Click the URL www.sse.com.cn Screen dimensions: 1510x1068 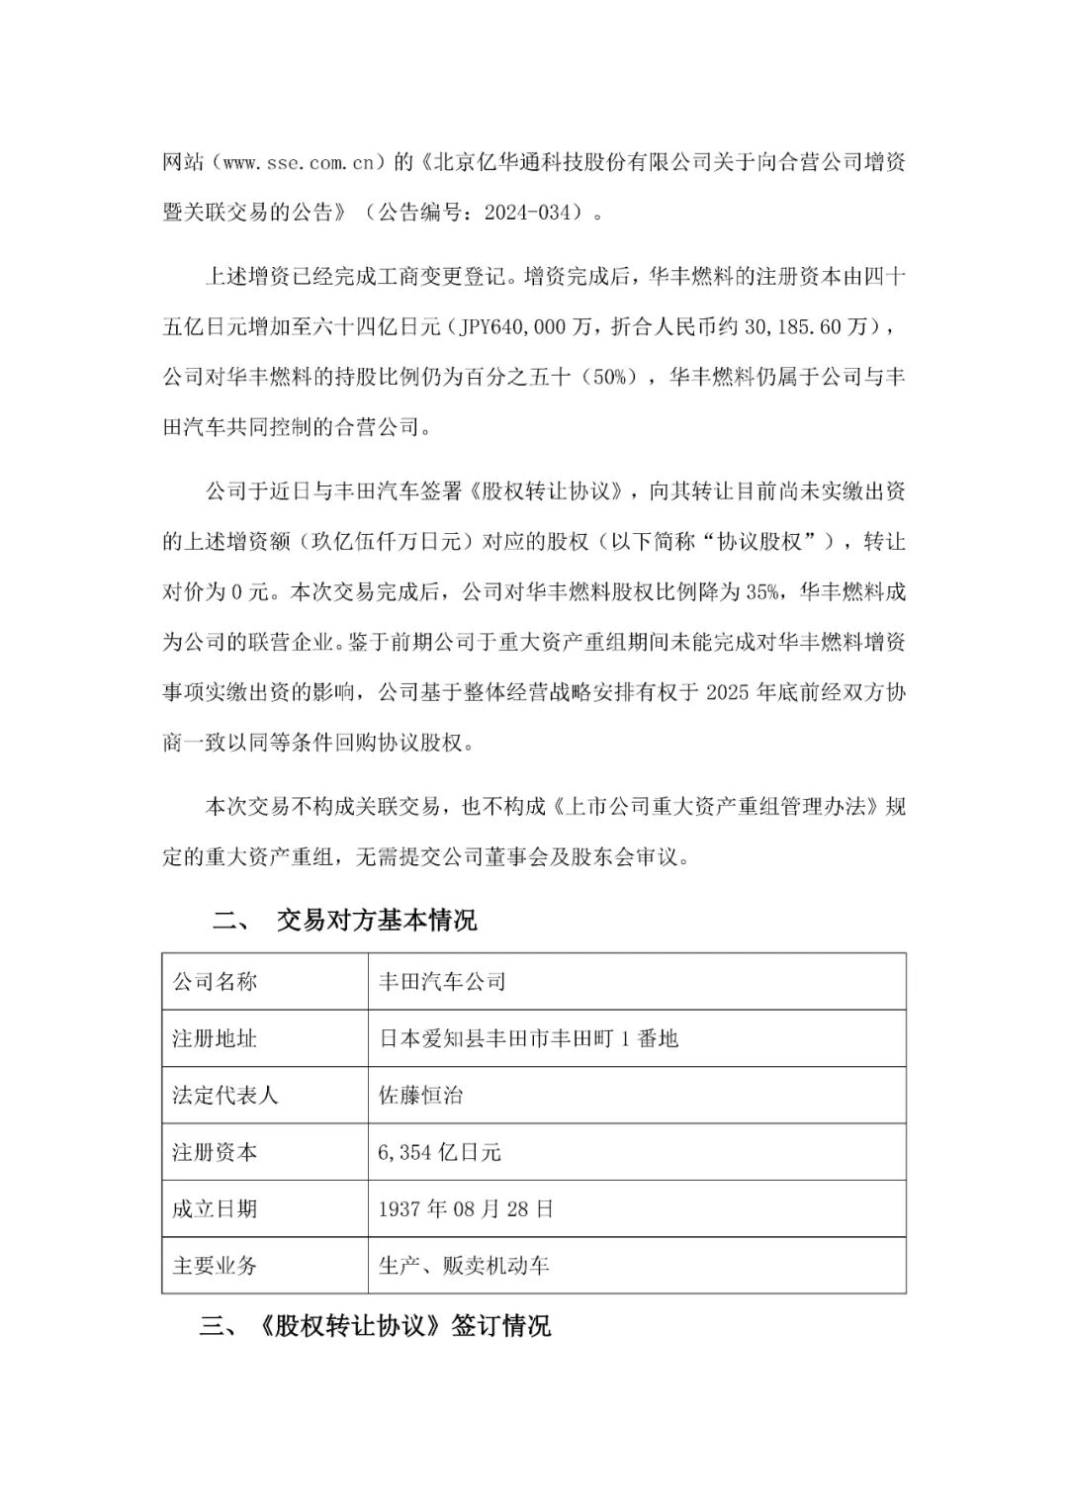click(298, 161)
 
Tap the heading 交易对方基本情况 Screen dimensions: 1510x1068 click(377, 921)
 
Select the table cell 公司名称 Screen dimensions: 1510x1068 click(215, 981)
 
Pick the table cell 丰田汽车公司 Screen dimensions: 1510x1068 click(442, 981)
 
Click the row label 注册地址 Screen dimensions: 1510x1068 click(215, 1038)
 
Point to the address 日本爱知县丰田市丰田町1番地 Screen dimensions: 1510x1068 click(529, 1038)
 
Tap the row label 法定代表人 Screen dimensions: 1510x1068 click(225, 1095)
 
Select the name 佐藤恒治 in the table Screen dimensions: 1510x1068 click(421, 1095)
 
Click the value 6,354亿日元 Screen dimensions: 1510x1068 click(440, 1152)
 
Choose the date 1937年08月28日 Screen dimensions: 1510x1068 click(467, 1208)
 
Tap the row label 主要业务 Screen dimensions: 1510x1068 click(215, 1265)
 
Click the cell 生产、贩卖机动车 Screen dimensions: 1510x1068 click(464, 1265)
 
